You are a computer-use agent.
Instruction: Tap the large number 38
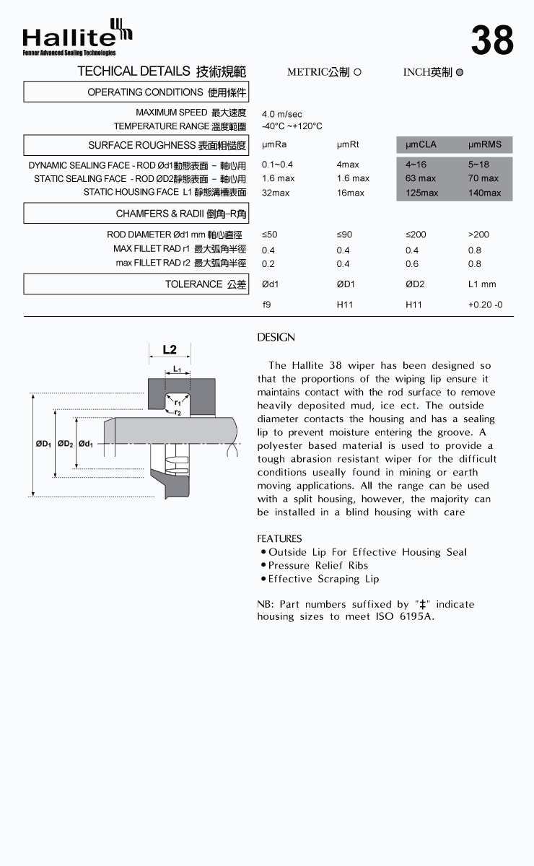coord(492,40)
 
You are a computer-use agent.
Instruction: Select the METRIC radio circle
coord(358,72)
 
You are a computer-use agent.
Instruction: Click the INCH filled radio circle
coord(460,72)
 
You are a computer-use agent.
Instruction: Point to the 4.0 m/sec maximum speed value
coord(281,114)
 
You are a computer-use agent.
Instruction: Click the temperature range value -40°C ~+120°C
coord(292,126)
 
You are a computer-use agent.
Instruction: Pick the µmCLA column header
coord(421,144)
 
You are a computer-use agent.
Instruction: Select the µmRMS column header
coord(484,144)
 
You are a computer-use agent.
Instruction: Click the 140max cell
coord(484,193)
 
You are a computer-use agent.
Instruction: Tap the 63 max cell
coord(421,178)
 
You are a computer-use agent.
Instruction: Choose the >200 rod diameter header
coord(478,234)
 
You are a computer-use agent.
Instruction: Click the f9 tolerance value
coord(266,305)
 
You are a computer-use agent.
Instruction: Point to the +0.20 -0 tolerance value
coord(485,305)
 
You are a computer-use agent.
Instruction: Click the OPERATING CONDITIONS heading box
coord(136,92)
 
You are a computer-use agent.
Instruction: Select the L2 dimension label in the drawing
coord(170,350)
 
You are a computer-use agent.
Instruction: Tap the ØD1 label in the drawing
coord(43,444)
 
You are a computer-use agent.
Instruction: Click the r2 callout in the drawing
coord(178,412)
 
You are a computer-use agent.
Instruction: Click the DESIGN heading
coord(276,338)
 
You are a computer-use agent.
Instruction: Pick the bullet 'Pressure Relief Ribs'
coord(318,565)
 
